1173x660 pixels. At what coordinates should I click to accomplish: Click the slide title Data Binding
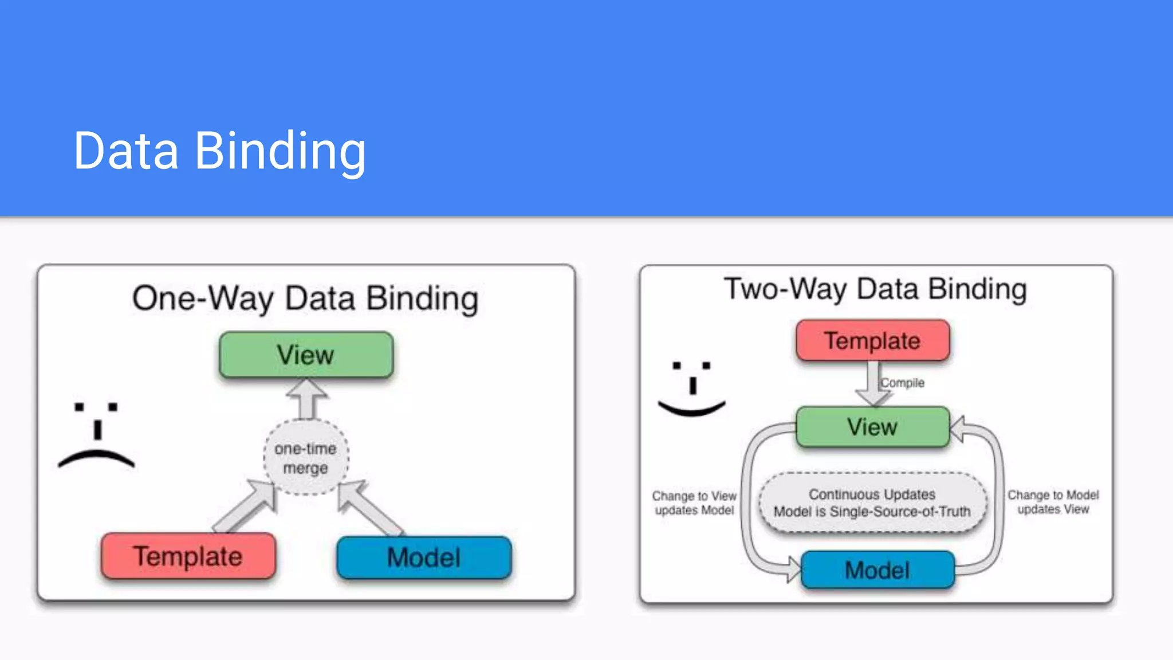pyautogui.click(x=219, y=151)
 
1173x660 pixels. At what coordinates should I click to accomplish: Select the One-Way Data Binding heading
pyautogui.click(x=305, y=298)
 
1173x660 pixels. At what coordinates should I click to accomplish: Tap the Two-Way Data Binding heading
pyautogui.click(x=875, y=289)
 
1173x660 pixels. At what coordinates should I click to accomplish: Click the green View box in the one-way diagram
pyautogui.click(x=306, y=355)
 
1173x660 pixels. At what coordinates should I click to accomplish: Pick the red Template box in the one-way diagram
pyautogui.click(x=188, y=556)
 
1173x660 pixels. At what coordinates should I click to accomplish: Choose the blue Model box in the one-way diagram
pyautogui.click(x=424, y=557)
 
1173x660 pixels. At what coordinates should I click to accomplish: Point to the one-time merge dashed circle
pyautogui.click(x=306, y=458)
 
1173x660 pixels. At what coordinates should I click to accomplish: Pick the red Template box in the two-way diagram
pyautogui.click(x=872, y=341)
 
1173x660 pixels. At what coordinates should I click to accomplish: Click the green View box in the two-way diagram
pyautogui.click(x=872, y=427)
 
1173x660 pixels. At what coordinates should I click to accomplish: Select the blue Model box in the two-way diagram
pyautogui.click(x=877, y=570)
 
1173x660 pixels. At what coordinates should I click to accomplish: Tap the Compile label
pyautogui.click(x=903, y=383)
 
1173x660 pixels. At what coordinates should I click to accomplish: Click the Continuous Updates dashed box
pyautogui.click(x=872, y=502)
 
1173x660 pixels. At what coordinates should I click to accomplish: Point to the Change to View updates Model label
pyautogui.click(x=694, y=502)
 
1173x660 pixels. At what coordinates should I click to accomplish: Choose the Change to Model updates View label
pyautogui.click(x=1053, y=502)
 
